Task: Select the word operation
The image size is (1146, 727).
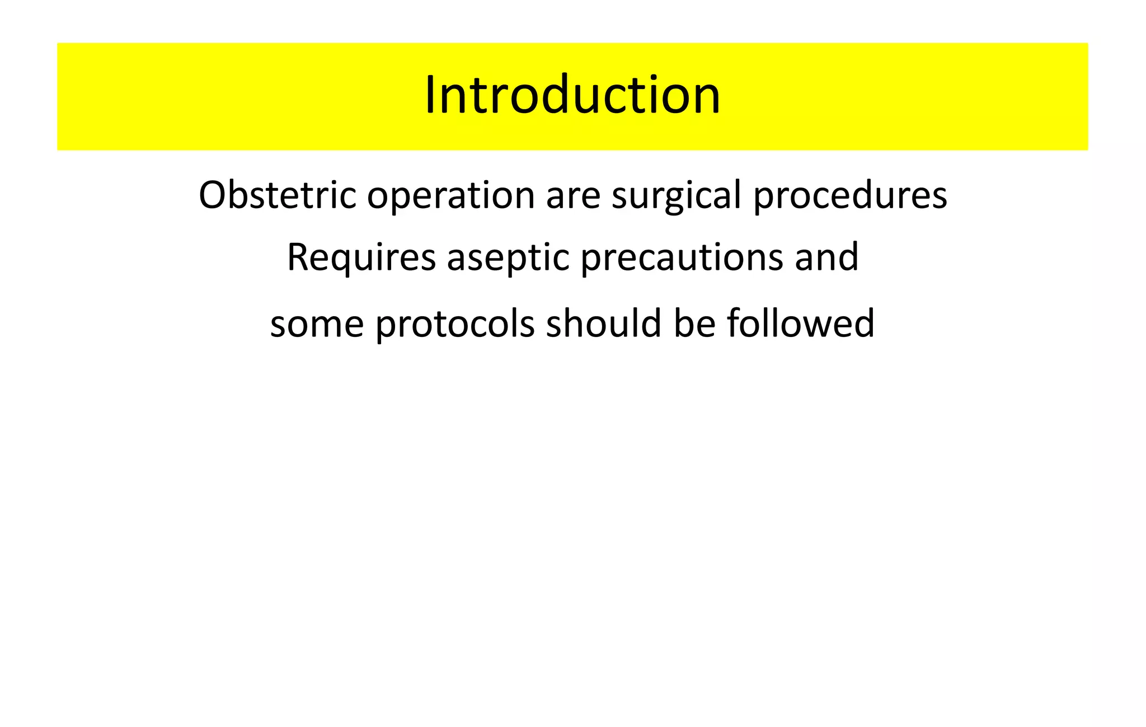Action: click(x=450, y=196)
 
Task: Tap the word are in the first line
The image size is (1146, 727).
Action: click(x=573, y=196)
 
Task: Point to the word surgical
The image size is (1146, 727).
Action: click(x=676, y=196)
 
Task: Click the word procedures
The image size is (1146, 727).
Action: click(x=850, y=196)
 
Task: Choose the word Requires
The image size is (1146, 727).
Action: click(x=361, y=257)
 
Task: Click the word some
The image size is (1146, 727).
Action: click(x=317, y=325)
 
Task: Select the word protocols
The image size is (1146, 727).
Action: click(x=455, y=325)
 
